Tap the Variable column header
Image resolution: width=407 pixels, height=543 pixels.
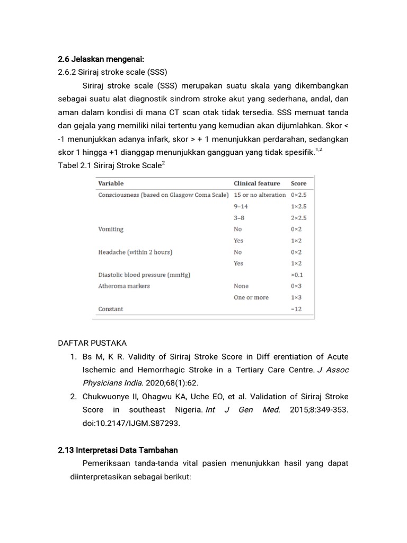[111, 183]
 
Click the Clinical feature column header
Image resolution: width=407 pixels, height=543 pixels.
[257, 183]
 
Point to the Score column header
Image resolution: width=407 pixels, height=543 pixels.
[298, 183]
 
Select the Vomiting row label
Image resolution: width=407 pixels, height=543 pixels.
[111, 229]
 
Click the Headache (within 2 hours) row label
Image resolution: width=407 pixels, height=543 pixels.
[135, 252]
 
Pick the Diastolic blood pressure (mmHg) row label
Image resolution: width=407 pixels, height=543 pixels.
[144, 275]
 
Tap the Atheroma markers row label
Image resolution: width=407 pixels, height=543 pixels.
[124, 286]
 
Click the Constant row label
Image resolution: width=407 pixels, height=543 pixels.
[110, 309]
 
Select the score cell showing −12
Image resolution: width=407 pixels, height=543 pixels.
[296, 309]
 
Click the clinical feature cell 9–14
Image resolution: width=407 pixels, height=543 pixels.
[241, 206]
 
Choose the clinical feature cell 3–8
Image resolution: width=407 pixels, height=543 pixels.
[238, 218]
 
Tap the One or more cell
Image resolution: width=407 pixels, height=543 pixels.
[251, 297]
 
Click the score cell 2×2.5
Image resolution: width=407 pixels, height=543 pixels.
[298, 218]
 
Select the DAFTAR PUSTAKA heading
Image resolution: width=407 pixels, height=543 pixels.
[92, 343]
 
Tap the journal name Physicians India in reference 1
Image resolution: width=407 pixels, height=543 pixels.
[110, 383]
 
